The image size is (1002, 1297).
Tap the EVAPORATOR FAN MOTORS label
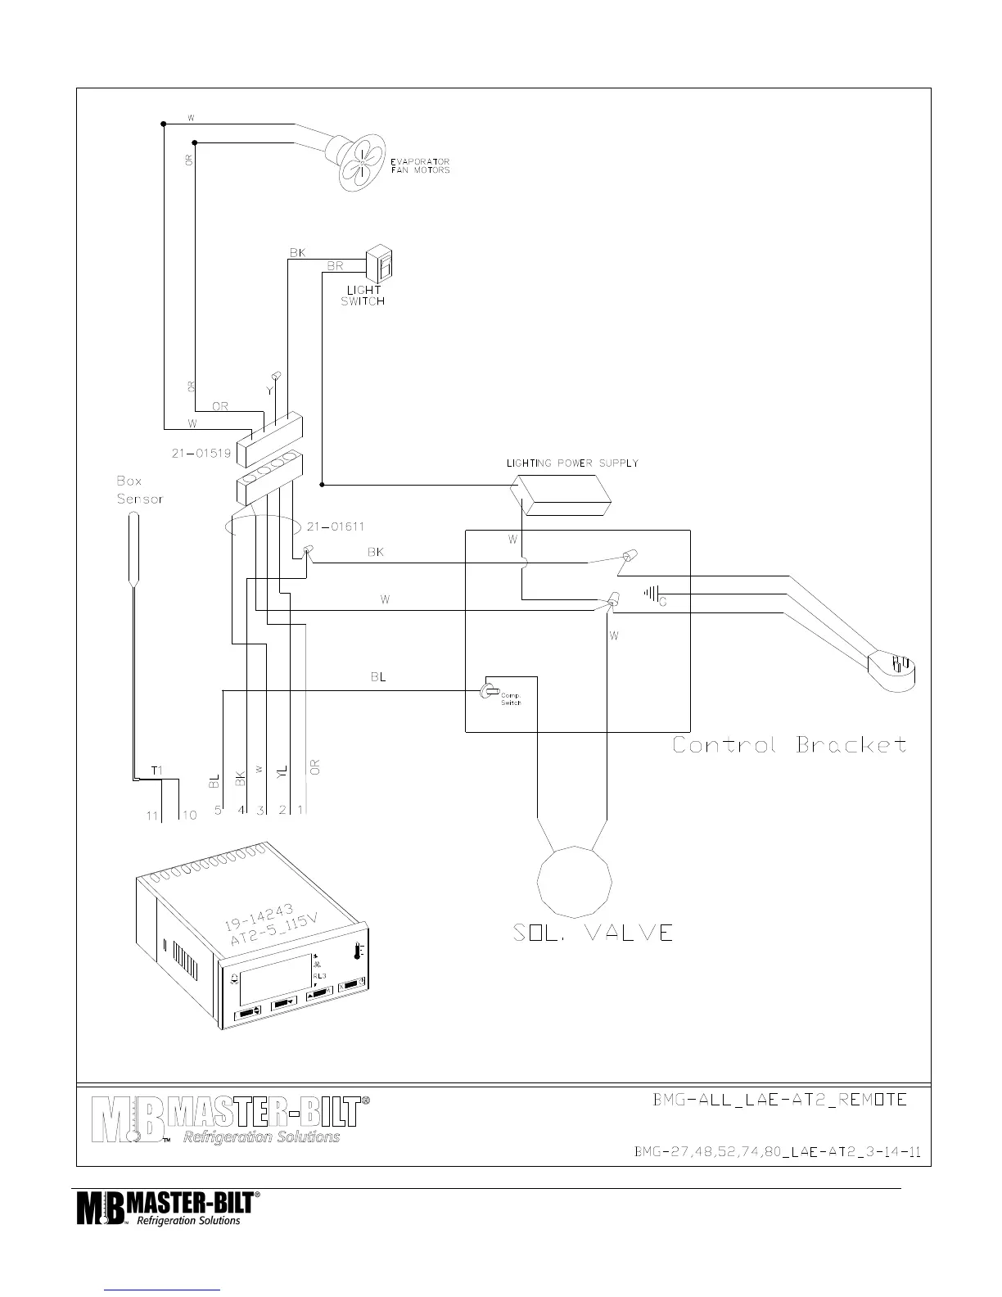(x=420, y=165)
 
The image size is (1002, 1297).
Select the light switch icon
(x=377, y=264)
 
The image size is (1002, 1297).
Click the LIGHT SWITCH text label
(x=363, y=296)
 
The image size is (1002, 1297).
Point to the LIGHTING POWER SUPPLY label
(x=572, y=463)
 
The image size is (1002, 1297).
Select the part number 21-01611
(x=336, y=526)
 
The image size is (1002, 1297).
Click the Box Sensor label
(x=139, y=490)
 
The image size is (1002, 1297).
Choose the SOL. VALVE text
(x=593, y=932)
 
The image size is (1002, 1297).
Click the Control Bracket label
(x=789, y=745)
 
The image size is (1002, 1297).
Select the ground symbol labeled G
(x=652, y=594)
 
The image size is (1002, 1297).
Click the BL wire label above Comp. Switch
(x=377, y=677)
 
